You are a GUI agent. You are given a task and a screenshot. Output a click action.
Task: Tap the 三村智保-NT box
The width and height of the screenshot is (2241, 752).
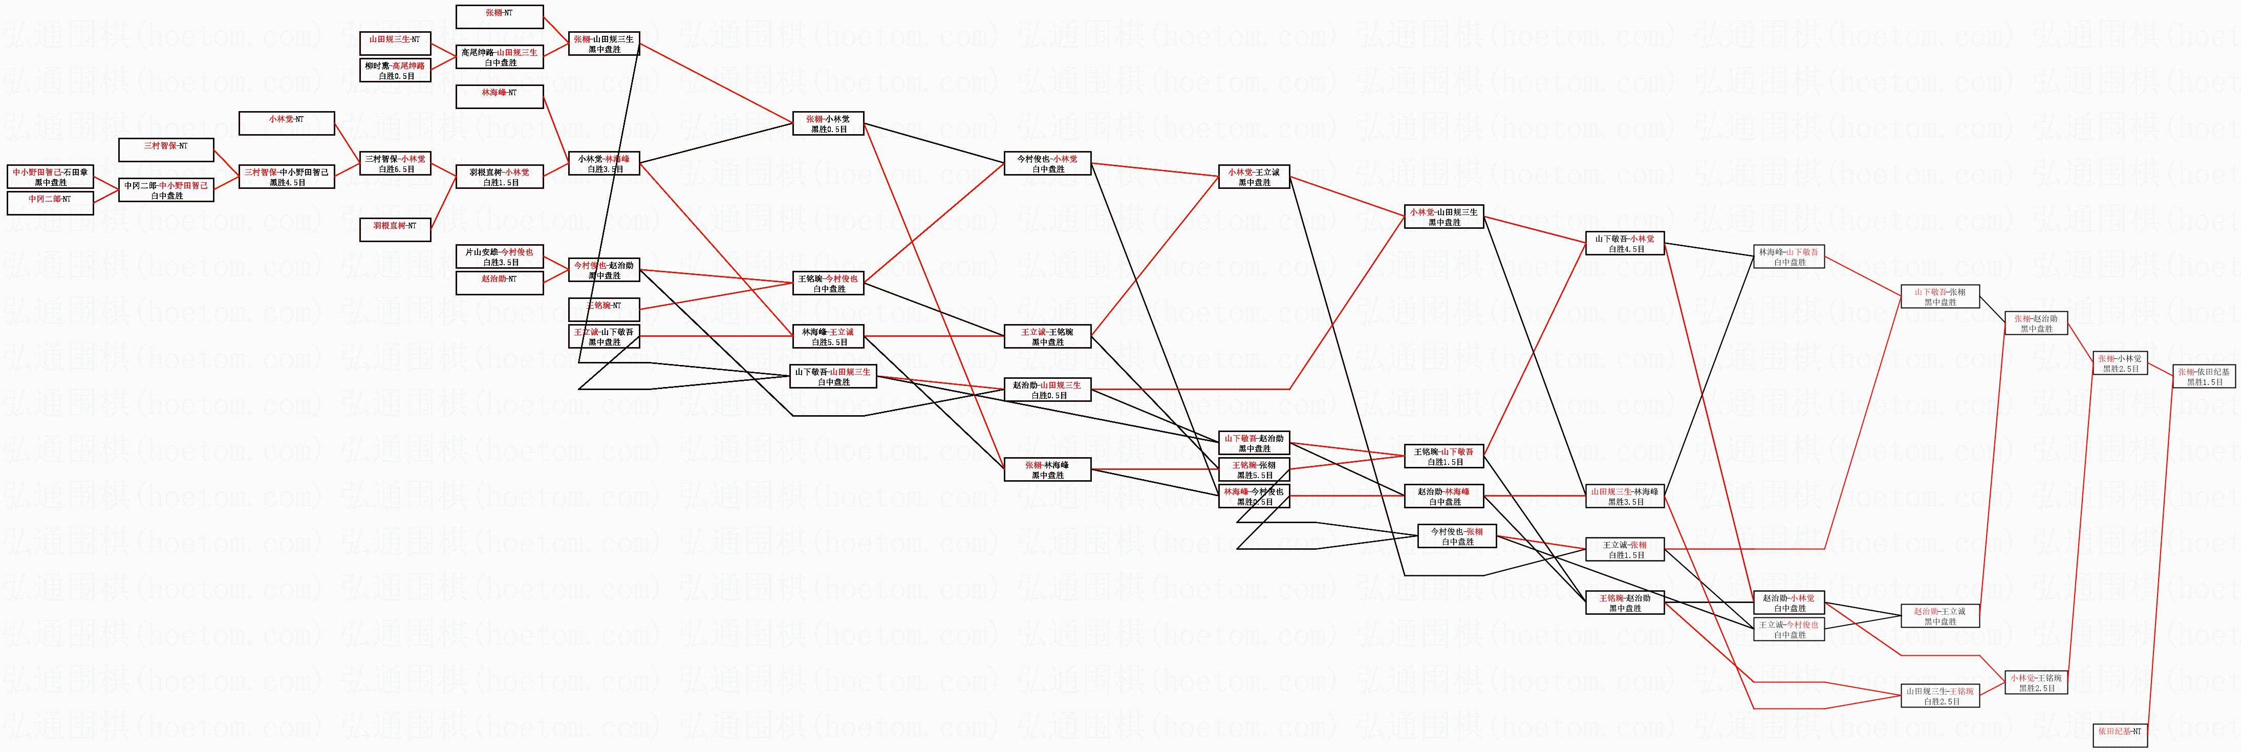(x=165, y=149)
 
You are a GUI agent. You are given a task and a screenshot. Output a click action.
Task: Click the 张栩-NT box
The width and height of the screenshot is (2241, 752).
(x=500, y=16)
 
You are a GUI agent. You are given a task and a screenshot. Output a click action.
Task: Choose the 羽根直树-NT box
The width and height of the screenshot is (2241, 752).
(x=396, y=230)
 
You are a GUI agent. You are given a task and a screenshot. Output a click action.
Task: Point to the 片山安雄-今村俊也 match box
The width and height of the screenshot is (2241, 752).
(x=500, y=257)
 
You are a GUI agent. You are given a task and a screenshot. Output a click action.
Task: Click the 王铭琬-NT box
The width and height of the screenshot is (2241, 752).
(x=604, y=310)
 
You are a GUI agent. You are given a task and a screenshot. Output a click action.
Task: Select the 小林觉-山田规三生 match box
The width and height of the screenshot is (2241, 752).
(x=1444, y=217)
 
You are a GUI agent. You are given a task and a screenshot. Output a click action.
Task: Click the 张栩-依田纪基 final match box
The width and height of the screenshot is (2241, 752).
(x=2205, y=376)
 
